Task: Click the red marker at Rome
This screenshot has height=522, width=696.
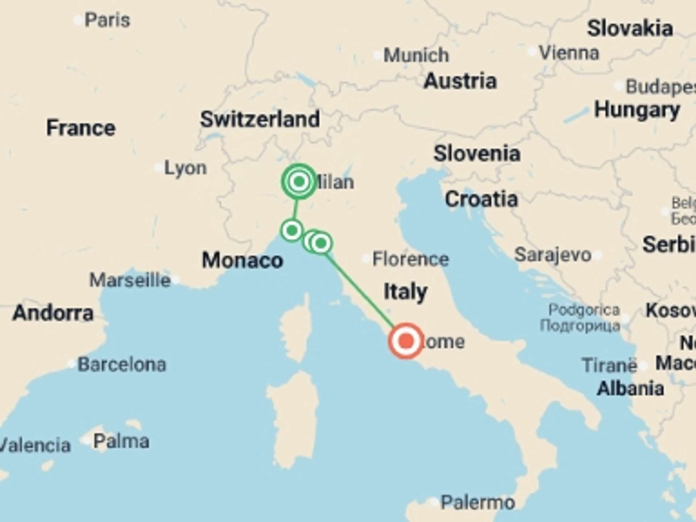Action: click(x=406, y=341)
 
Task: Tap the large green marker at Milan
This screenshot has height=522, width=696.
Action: click(x=299, y=181)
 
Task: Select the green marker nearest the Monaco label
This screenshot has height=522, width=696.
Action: click(x=292, y=230)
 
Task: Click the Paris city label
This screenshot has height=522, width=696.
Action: click(x=107, y=20)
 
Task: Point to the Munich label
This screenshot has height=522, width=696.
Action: click(x=416, y=55)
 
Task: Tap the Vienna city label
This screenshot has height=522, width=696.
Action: click(x=569, y=53)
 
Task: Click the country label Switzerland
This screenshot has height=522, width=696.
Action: click(x=260, y=119)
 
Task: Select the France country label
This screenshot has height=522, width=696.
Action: click(x=81, y=128)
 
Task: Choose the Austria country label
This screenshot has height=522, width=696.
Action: click(x=460, y=81)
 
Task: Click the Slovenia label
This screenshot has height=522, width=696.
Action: click(x=477, y=153)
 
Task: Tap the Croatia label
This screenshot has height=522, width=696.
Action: click(x=481, y=199)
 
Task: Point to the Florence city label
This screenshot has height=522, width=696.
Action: click(x=410, y=259)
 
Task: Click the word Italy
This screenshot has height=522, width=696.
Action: click(x=405, y=292)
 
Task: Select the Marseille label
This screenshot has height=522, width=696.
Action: click(x=130, y=280)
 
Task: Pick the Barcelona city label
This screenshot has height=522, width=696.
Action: click(x=122, y=364)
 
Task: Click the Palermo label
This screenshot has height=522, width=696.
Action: click(x=477, y=502)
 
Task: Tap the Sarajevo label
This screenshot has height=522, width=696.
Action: click(x=552, y=254)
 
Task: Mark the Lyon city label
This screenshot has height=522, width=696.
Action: click(x=185, y=168)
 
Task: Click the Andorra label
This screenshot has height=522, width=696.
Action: click(x=53, y=313)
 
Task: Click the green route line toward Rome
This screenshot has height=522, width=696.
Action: click(x=361, y=289)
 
